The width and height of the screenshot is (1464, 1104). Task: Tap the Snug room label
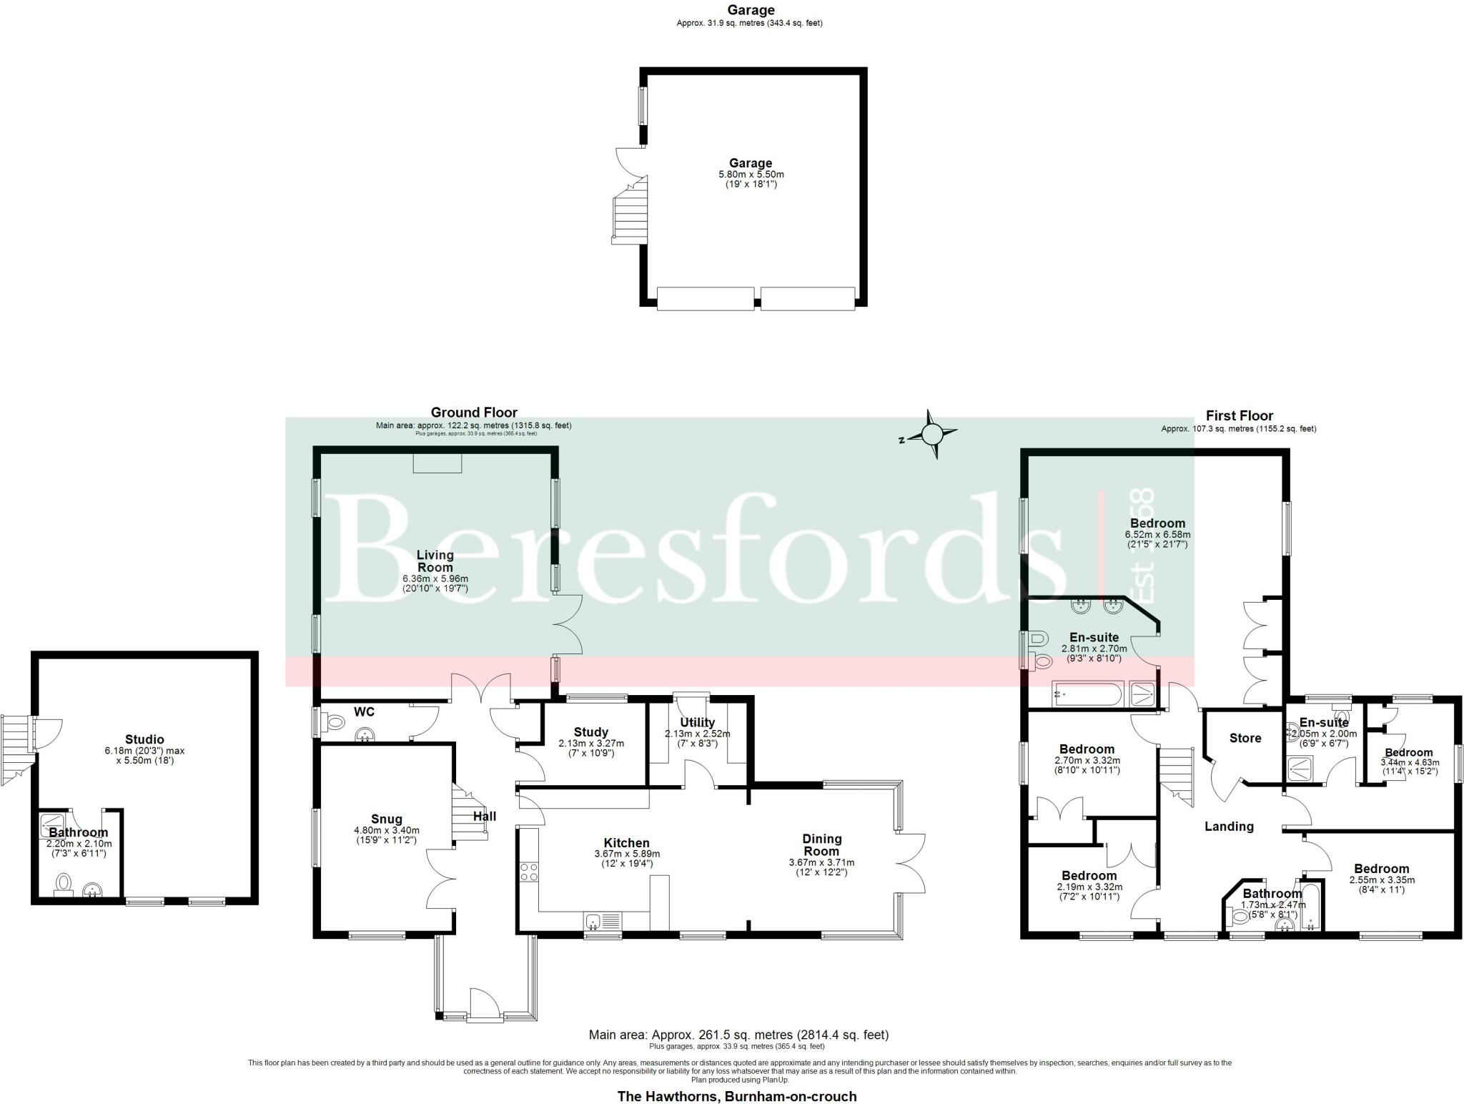(x=386, y=819)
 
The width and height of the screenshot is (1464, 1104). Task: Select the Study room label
(x=590, y=732)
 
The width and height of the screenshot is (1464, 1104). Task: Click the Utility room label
(x=698, y=723)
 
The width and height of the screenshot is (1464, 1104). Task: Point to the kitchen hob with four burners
(x=528, y=872)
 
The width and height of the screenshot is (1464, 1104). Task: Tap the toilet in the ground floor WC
(x=333, y=723)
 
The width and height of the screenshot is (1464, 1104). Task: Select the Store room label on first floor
(x=1245, y=738)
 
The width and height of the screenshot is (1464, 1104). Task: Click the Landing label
(x=1229, y=827)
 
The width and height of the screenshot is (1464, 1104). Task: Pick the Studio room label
(x=144, y=739)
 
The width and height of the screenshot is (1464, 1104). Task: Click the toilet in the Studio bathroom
(x=64, y=883)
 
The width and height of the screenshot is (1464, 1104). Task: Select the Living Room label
(x=435, y=561)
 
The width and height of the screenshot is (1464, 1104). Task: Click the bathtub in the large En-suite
(x=1087, y=694)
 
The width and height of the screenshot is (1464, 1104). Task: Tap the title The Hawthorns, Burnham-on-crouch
(x=736, y=1096)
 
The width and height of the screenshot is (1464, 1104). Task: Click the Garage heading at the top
(x=750, y=10)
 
